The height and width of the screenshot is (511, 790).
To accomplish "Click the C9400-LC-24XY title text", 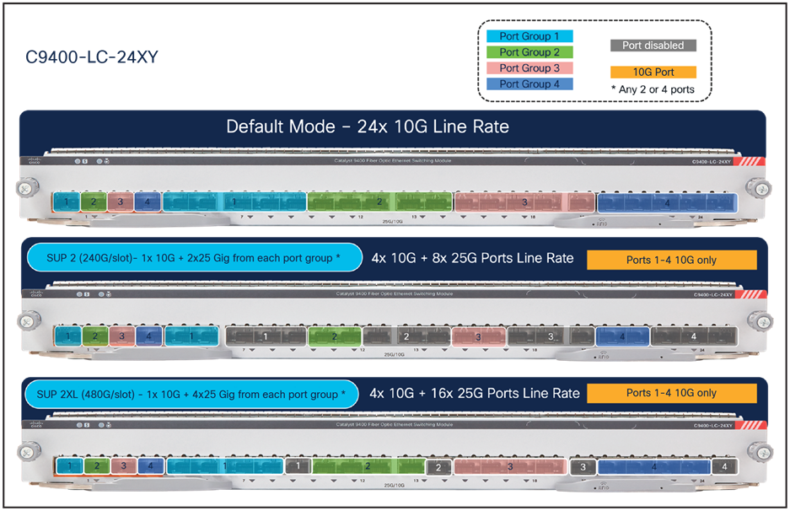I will coord(92,57).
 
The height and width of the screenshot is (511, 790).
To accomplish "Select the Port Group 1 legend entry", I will coord(529,36).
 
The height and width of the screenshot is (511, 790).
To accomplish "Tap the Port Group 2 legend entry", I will coord(529,52).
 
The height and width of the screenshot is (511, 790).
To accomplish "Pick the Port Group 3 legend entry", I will coord(529,68).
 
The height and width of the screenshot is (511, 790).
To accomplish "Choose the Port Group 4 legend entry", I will coord(529,84).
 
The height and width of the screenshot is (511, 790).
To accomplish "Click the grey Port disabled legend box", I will coord(653,46).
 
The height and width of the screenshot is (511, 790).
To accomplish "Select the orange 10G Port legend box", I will coord(653,73).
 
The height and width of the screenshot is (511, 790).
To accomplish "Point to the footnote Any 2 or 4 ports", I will coord(653,89).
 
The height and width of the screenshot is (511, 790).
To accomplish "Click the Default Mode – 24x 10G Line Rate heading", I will coord(368,127).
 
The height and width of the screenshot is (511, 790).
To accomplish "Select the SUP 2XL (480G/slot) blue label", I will coord(192,394).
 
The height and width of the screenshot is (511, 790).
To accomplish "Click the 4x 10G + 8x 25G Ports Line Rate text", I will coord(472,258).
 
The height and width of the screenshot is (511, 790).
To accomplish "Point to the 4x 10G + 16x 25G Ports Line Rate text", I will coord(476,393).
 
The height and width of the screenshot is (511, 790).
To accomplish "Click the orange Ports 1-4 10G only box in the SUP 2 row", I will coord(671,260).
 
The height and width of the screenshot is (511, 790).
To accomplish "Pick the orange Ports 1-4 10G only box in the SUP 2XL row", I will coord(671,393).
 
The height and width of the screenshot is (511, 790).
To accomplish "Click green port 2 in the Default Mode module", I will coord(94,202).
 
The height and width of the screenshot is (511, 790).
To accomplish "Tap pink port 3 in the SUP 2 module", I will coord(121,336).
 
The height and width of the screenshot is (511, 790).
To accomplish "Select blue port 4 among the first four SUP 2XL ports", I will coord(149,465).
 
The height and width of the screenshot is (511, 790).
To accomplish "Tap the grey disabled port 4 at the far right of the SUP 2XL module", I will coord(723,466).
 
